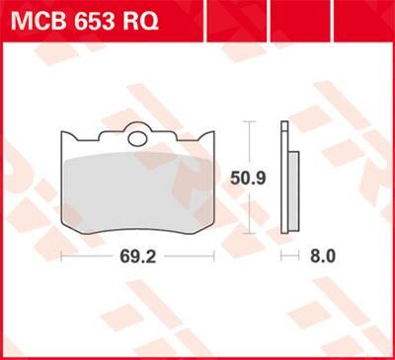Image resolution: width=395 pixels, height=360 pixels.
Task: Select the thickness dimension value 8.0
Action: pyautogui.click(x=323, y=255)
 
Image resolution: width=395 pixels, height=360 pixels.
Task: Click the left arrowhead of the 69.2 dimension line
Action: pyautogui.click(x=61, y=255)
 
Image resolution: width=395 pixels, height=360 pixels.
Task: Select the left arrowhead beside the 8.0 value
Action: pyautogui.click(x=283, y=255)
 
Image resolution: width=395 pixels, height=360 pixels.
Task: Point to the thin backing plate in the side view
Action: pyautogui.click(x=284, y=178)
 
